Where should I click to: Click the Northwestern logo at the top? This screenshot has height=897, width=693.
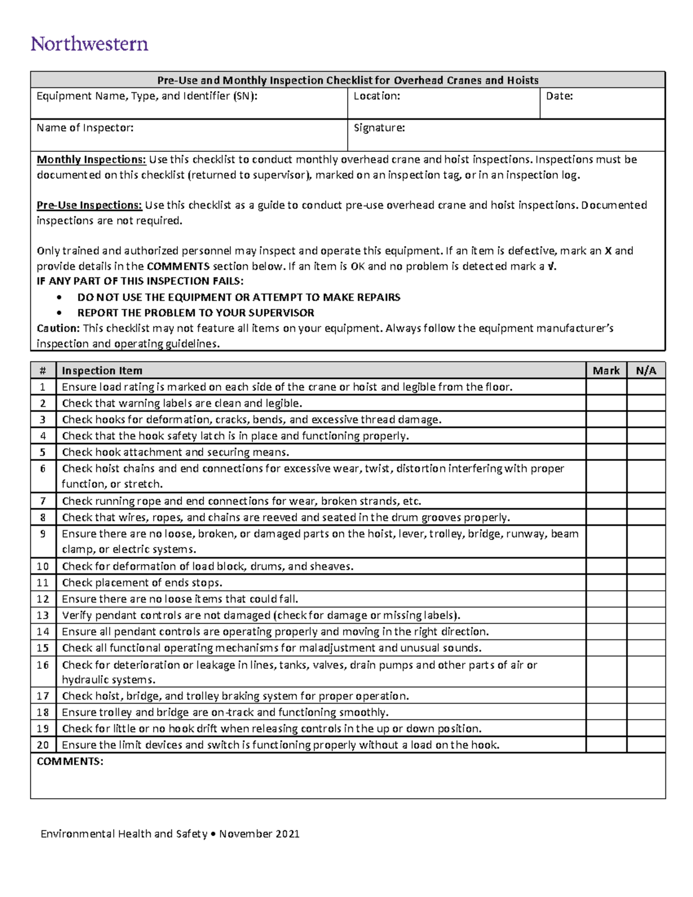coord(90,44)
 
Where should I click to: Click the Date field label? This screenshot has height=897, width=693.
coord(559,96)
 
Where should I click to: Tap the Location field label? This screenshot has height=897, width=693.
coord(377,96)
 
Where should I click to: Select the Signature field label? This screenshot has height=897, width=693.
coord(379,128)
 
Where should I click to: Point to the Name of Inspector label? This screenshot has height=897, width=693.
coord(85,128)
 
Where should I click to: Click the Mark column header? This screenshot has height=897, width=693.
coord(606,371)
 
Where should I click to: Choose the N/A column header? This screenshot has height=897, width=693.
coord(646,371)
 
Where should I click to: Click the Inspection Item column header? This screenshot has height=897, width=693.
coord(102,371)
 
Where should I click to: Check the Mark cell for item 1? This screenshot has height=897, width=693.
coord(606,387)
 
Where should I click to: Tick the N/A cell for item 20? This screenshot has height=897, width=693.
coord(646,745)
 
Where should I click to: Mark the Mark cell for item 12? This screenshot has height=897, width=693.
coord(606,599)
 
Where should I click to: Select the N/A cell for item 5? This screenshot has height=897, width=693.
coord(646,452)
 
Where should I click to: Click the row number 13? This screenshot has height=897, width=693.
coord(43,615)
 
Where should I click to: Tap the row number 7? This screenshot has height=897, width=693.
coord(43,501)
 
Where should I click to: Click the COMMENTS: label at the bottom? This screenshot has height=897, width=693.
coord(70,762)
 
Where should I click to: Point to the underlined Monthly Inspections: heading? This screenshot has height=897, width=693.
coord(91,160)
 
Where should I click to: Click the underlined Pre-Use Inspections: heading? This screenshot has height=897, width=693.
coord(89,206)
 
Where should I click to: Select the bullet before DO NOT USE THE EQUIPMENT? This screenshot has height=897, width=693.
coord(59,297)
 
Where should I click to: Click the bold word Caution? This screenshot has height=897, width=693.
coord(58,329)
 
